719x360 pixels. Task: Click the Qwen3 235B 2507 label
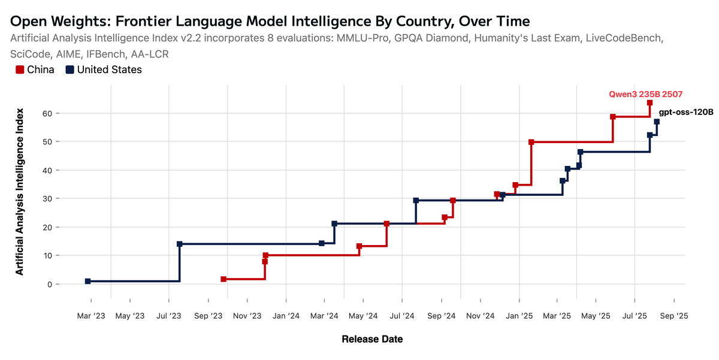click(646, 93)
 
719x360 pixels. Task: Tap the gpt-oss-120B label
click(686, 112)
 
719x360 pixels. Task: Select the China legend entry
click(35, 69)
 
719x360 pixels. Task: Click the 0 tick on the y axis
click(50, 284)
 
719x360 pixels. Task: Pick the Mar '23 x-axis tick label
click(91, 315)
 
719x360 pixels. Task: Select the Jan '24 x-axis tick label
click(286, 315)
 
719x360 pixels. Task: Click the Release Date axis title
click(372, 339)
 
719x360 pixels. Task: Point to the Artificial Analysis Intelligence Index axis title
click(20, 192)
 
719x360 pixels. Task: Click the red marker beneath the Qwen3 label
click(649, 103)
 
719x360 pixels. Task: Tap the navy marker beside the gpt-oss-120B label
click(657, 122)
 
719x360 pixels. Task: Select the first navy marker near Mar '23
click(88, 281)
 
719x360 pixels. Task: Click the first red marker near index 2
click(223, 279)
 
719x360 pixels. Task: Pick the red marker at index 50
click(531, 142)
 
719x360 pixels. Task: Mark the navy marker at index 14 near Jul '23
click(180, 244)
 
